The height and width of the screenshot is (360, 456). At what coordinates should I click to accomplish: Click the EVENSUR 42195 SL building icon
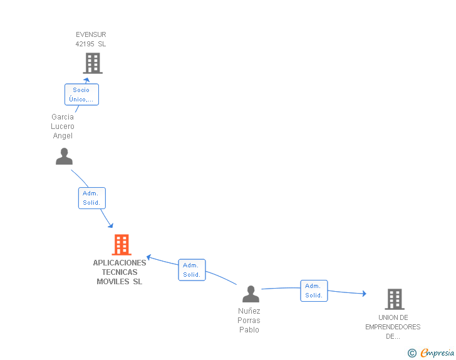(93, 63)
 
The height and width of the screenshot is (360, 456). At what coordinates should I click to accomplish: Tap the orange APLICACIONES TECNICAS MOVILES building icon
(122, 245)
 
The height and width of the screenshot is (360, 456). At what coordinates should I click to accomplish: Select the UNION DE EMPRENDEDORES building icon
(395, 299)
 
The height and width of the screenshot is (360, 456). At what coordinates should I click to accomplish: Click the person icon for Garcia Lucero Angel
(65, 157)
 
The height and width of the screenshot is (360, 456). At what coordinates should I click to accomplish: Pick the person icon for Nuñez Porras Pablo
(251, 294)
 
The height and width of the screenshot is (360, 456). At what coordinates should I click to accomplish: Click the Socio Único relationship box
(81, 95)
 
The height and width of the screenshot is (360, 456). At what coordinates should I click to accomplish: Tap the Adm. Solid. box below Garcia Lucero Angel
(92, 198)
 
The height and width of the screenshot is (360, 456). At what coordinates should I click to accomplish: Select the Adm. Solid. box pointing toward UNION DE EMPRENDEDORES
(314, 291)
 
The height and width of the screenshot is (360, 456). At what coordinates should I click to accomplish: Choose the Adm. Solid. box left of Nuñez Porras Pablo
(192, 270)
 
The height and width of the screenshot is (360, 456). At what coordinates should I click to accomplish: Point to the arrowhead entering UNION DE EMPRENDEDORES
(365, 294)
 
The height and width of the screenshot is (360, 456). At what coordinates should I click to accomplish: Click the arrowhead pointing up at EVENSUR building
(86, 80)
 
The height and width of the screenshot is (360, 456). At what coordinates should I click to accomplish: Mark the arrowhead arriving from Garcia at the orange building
(110, 225)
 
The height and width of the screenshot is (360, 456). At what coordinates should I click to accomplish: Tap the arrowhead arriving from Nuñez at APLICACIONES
(148, 257)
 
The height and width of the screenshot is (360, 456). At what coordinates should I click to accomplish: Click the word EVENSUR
(91, 34)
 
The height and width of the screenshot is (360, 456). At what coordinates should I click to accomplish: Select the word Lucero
(63, 126)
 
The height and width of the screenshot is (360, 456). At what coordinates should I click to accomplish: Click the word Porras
(249, 321)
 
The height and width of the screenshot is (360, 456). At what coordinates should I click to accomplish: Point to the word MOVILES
(113, 282)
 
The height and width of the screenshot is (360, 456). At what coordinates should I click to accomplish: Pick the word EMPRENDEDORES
(393, 327)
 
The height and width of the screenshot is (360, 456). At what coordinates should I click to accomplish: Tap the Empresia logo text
(437, 353)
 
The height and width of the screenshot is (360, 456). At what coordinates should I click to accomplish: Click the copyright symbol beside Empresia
(412, 353)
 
